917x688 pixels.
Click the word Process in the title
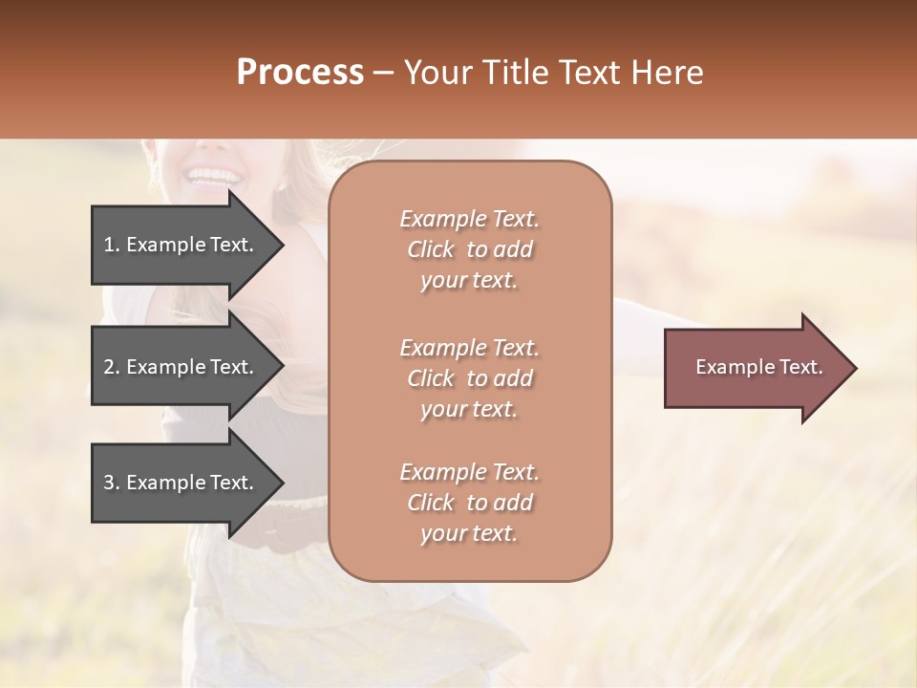pyautogui.click(x=300, y=73)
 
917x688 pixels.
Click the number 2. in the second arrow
pyautogui.click(x=112, y=367)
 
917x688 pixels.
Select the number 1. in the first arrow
pyautogui.click(x=112, y=245)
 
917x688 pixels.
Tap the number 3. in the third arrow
pyautogui.click(x=112, y=483)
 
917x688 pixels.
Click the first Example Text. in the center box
pyautogui.click(x=469, y=219)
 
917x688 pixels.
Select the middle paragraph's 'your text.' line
pyautogui.click(x=469, y=409)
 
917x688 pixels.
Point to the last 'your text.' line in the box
pyautogui.click(x=469, y=533)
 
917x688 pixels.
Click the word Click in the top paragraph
pyautogui.click(x=431, y=249)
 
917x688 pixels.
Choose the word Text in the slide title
pyautogui.click(x=586, y=73)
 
